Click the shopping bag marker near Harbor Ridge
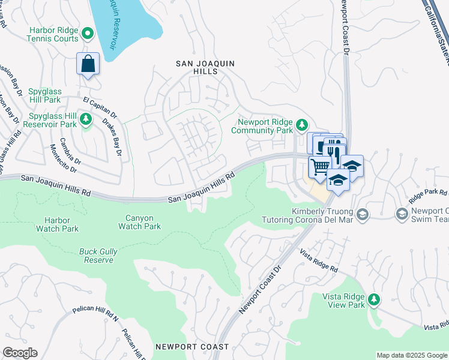point(88,64)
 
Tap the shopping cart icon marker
point(320,166)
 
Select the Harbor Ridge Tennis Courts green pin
point(87,32)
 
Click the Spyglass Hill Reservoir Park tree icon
point(86,119)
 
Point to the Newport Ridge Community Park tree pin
point(303,125)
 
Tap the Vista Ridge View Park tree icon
point(375,299)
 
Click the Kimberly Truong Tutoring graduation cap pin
point(362,214)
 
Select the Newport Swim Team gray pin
point(402,214)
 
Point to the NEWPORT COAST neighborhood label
point(191,347)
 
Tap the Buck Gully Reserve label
point(97,256)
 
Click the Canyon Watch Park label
point(139,222)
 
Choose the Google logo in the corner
point(20,353)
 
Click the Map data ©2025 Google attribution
point(411,355)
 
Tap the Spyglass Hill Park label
point(44,95)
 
